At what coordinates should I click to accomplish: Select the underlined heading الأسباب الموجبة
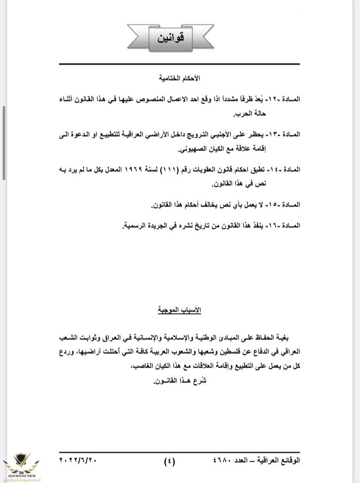pyautogui.click(x=180, y=311)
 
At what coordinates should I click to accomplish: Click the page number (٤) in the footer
pyautogui.click(x=169, y=461)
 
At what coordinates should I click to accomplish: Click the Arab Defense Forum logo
pyautogui.click(x=20, y=466)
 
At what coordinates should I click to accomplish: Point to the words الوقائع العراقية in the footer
pyautogui.click(x=278, y=460)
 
